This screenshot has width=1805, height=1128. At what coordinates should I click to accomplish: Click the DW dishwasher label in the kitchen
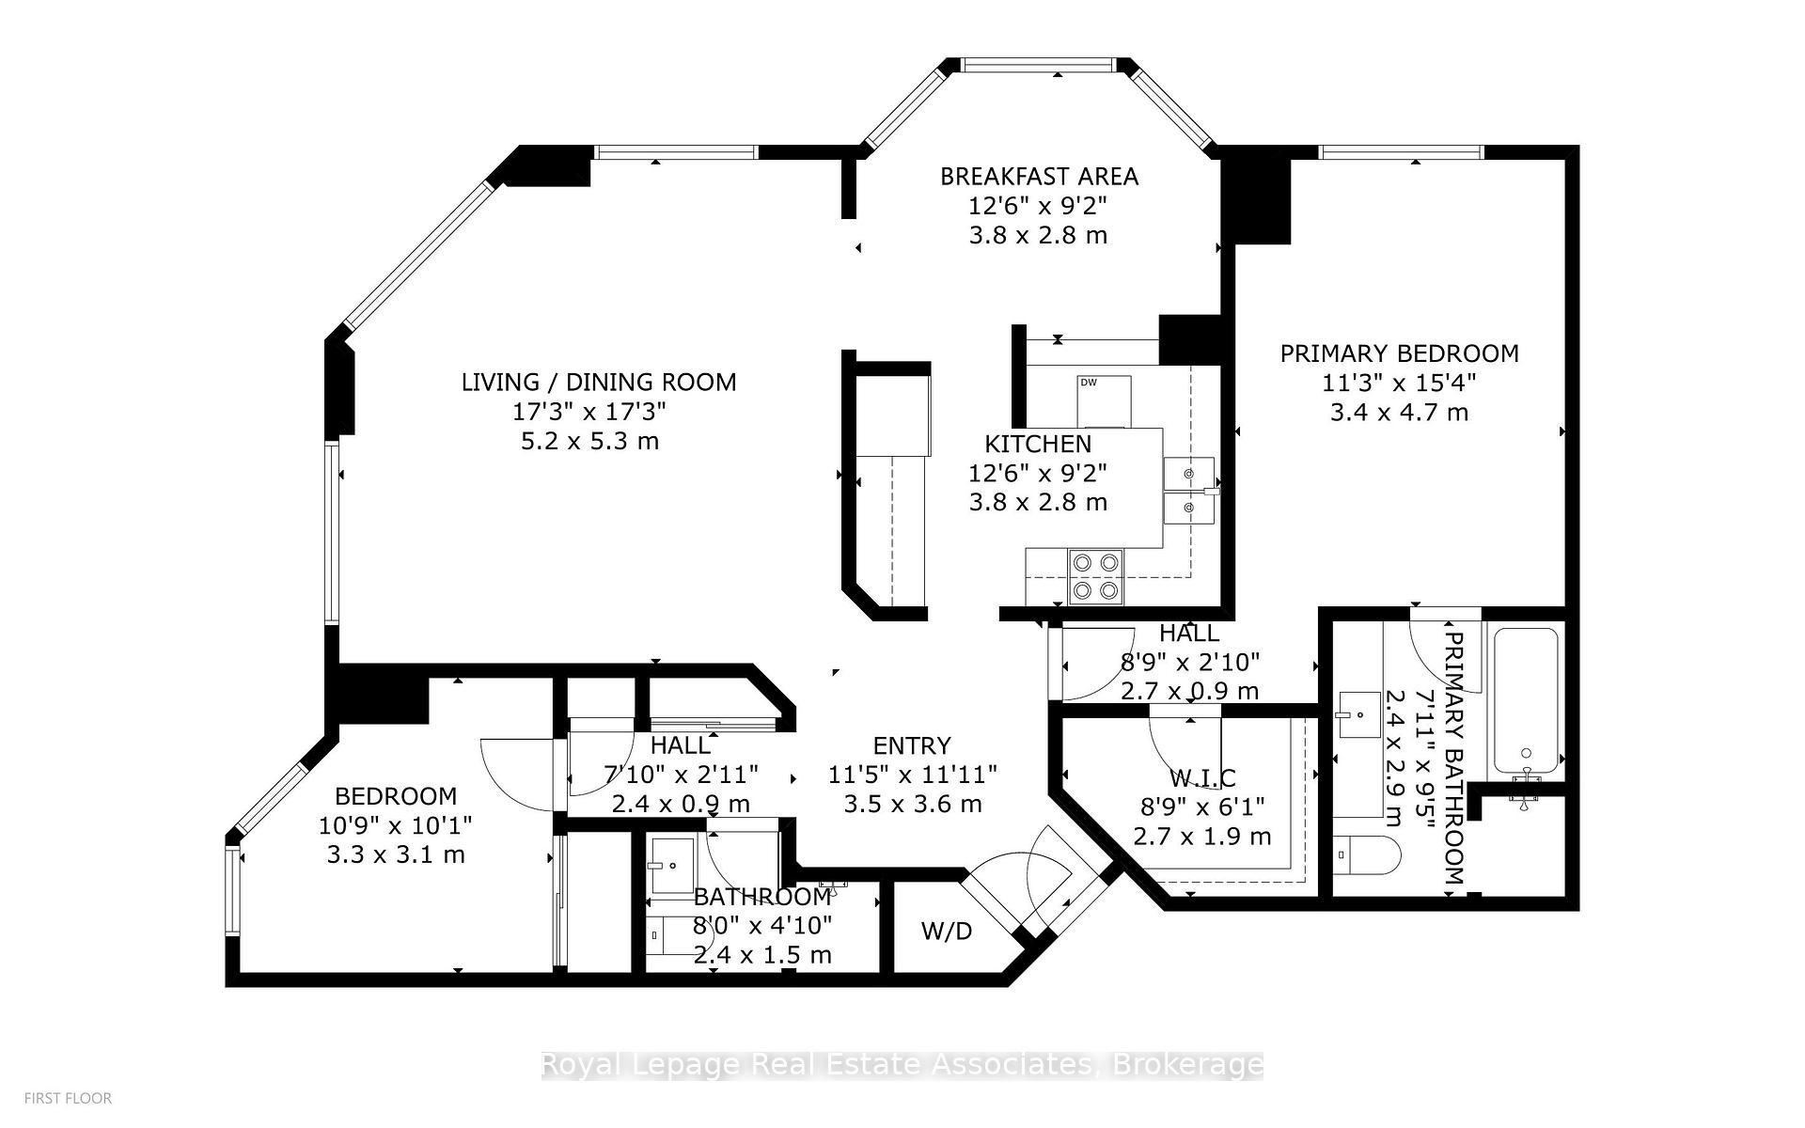(1089, 383)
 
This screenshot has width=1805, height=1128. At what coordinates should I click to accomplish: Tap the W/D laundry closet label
(946, 932)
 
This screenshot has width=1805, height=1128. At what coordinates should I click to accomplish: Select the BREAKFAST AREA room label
(1039, 177)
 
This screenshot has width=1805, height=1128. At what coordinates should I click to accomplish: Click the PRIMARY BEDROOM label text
(1399, 353)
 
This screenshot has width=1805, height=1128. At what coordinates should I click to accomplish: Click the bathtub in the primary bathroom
(1526, 700)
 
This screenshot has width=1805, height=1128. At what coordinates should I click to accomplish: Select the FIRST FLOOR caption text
(68, 1098)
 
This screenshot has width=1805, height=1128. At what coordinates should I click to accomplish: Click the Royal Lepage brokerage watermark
(902, 1065)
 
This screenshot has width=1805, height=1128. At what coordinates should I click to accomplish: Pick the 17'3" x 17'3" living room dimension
(589, 412)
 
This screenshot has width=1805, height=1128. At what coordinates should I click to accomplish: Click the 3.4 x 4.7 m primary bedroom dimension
(1399, 413)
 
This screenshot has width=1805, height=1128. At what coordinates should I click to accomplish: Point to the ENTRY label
(912, 746)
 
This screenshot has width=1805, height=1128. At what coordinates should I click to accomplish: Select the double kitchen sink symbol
(1189, 490)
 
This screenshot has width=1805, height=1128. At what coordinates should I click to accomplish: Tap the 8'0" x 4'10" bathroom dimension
(762, 926)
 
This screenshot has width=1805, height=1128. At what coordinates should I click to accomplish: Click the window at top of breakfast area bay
(1038, 65)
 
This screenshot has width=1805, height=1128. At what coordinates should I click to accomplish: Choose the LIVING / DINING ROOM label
(599, 383)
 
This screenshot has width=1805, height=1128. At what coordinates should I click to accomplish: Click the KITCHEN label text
(1038, 444)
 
